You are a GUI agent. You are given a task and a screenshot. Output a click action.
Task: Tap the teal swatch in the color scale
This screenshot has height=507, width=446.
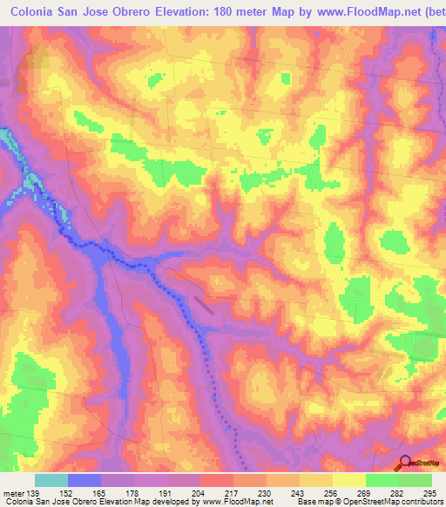(x=51, y=480)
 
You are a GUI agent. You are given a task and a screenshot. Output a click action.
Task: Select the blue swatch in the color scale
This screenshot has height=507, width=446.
(x=85, y=480)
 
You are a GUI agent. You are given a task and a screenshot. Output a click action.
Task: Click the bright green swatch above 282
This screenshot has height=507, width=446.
(x=382, y=480)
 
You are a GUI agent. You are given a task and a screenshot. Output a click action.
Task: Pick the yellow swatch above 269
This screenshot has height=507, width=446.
(x=348, y=480)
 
